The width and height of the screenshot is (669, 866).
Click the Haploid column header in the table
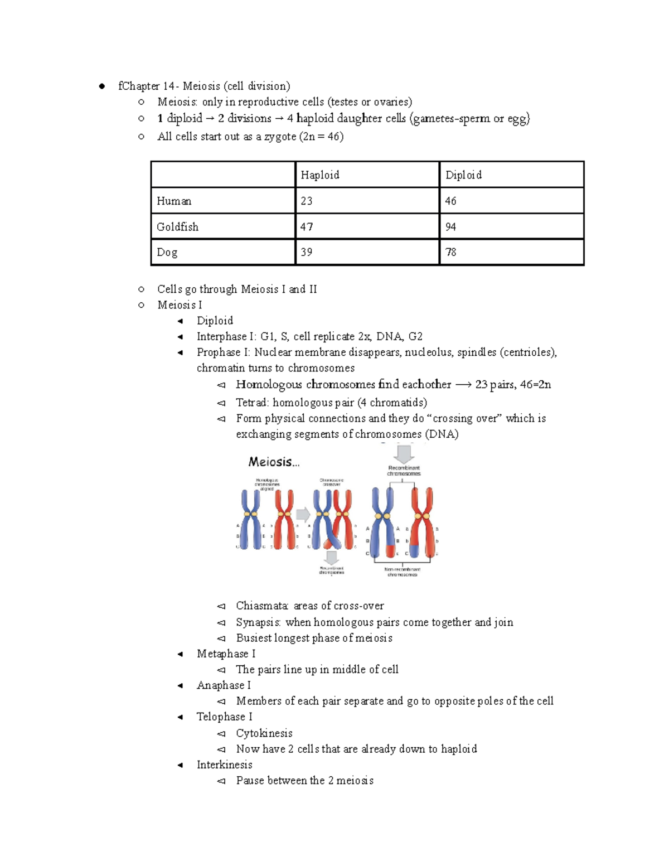(x=320, y=175)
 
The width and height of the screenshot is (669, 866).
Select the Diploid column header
(x=463, y=175)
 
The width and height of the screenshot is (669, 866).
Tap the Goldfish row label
(x=177, y=227)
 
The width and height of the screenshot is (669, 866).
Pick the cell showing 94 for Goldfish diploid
(x=450, y=227)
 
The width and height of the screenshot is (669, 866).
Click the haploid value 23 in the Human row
(x=307, y=201)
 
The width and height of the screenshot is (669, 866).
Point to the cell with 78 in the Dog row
(x=450, y=252)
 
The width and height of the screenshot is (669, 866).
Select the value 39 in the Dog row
(x=307, y=252)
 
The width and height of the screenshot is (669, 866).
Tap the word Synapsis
(x=258, y=622)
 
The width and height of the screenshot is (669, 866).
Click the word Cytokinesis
(x=264, y=733)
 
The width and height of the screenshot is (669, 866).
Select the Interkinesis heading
(x=224, y=765)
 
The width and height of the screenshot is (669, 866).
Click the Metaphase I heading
(x=226, y=654)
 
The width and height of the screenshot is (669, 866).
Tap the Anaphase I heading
(x=224, y=685)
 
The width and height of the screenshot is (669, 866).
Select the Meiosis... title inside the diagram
(x=274, y=462)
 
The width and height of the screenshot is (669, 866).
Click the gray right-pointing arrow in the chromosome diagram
(x=303, y=514)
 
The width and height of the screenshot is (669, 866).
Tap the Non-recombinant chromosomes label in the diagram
(x=402, y=572)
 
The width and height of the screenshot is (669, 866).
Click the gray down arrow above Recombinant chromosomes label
(x=404, y=453)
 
